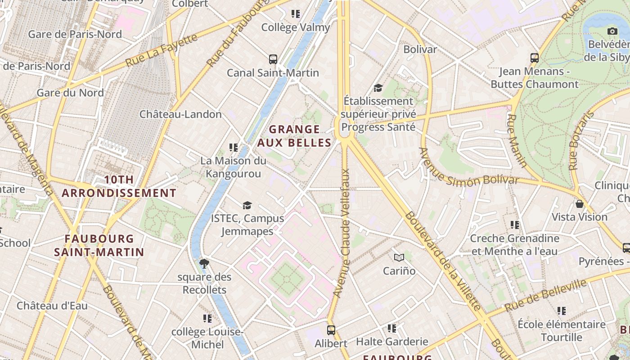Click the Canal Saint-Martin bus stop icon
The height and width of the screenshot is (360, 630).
[273, 59]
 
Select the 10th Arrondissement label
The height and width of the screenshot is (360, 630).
[119, 186]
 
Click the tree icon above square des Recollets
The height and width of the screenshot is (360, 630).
[204, 264]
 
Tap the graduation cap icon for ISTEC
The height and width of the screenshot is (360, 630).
[247, 206]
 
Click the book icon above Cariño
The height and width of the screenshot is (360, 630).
[399, 258]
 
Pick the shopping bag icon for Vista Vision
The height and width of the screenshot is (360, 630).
[580, 204]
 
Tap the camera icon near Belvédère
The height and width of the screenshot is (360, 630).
[612, 31]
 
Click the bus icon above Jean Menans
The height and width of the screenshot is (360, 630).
[535, 58]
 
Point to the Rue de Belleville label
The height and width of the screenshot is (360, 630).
[545, 296]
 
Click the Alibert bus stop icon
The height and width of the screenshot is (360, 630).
[331, 330]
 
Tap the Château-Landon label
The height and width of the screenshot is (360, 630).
[180, 114]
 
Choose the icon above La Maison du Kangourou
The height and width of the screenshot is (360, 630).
[233, 147]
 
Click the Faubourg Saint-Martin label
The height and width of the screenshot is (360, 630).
[99, 245]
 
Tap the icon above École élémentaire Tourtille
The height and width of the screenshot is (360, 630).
[561, 311]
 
